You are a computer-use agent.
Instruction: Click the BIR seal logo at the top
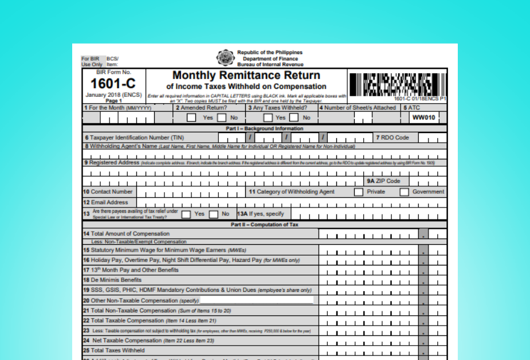coord(225,58)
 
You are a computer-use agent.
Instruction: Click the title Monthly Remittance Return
coord(246,75)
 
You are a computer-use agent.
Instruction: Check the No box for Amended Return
coord(221,118)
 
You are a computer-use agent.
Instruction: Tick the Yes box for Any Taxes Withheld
coord(267,118)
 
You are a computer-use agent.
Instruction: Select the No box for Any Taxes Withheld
coord(294,118)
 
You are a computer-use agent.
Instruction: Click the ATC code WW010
coord(425,118)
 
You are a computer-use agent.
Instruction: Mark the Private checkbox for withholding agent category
coord(358,192)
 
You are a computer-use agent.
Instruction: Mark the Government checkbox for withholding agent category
coord(404,192)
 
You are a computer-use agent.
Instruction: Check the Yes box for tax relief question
coord(186,214)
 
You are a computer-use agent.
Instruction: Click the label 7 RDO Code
coord(392,138)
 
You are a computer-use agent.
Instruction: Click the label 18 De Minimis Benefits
coord(112,280)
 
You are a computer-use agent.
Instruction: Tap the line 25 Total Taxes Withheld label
coord(114,350)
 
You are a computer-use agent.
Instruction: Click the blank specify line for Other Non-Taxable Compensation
coord(257,300)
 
